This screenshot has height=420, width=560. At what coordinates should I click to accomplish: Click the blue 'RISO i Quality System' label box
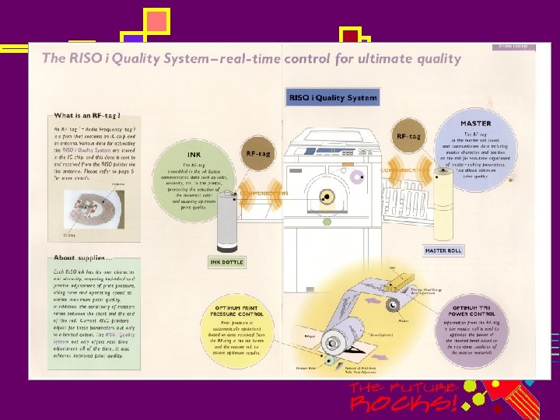pos(333,97)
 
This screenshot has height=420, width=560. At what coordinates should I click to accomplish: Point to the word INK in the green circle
pos(194,154)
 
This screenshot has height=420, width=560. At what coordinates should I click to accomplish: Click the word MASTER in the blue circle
pos(475,124)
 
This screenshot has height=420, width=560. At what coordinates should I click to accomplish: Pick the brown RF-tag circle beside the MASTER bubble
pos(409,136)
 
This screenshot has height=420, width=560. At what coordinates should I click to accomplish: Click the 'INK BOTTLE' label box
pos(226,261)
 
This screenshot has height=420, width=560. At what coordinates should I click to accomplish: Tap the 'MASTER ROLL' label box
pos(444,250)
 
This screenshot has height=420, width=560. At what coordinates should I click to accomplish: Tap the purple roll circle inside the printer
pos(359,178)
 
